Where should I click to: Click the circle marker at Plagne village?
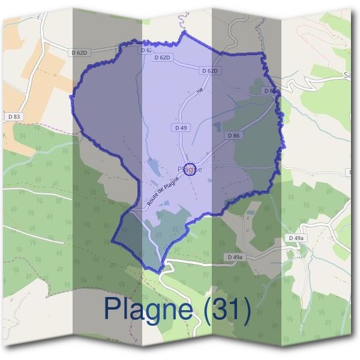[x=190, y=170]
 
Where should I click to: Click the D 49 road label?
[x=181, y=128]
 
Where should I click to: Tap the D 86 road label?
[x=233, y=136]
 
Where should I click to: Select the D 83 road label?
[x=14, y=116]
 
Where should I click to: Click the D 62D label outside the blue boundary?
[x=80, y=53]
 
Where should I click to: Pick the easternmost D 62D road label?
[x=209, y=71]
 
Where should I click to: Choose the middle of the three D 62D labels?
[x=163, y=58]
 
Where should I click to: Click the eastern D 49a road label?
[x=295, y=238]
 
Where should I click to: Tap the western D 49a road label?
[x=235, y=257]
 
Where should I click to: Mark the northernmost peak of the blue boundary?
[x=185, y=31]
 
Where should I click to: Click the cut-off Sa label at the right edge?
[x=347, y=75]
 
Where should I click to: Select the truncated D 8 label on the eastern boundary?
[x=269, y=91]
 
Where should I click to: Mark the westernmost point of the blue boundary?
[x=71, y=96]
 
